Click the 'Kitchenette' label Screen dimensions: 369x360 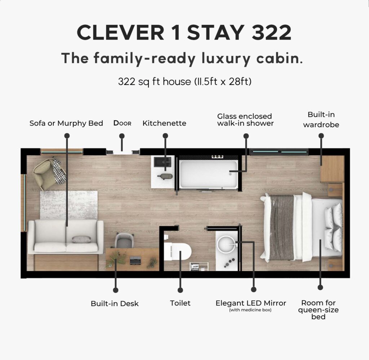[164, 123]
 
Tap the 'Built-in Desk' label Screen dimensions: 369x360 [115, 303]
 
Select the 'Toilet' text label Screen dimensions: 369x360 [180, 303]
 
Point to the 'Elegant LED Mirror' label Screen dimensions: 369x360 [251, 303]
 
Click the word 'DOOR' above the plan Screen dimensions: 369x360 [123, 123]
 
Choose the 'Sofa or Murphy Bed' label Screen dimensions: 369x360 [66, 123]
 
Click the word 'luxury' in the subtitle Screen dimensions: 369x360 [226, 58]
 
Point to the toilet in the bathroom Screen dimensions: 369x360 [178, 251]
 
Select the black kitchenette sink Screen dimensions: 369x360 [163, 163]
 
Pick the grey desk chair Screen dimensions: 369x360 [124, 240]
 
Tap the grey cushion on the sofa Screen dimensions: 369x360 [81, 240]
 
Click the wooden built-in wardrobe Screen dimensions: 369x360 [333, 169]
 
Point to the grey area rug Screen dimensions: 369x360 [69, 205]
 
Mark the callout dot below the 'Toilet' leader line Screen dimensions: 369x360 [180, 290]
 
